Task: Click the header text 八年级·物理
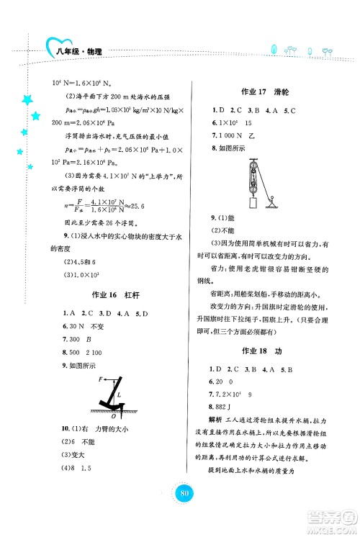80,51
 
